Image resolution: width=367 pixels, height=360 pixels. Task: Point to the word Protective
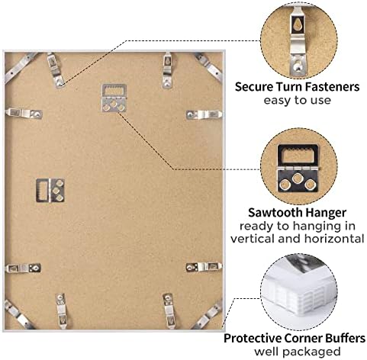point(253,339)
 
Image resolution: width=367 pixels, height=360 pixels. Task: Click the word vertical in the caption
point(253,239)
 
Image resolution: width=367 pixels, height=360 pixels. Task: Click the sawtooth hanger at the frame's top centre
point(114,98)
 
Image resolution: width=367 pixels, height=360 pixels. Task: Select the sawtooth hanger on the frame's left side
point(50,190)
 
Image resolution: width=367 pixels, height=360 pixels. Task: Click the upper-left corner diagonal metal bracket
point(20,67)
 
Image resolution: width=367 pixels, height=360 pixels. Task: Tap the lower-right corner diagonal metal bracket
point(208,316)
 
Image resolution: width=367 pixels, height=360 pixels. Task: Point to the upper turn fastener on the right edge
point(204,114)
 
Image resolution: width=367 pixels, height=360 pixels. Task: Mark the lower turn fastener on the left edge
point(23,268)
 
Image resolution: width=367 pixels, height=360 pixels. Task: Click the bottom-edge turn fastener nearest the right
point(169,310)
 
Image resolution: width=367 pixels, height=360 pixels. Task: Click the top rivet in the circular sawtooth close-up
point(297,178)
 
